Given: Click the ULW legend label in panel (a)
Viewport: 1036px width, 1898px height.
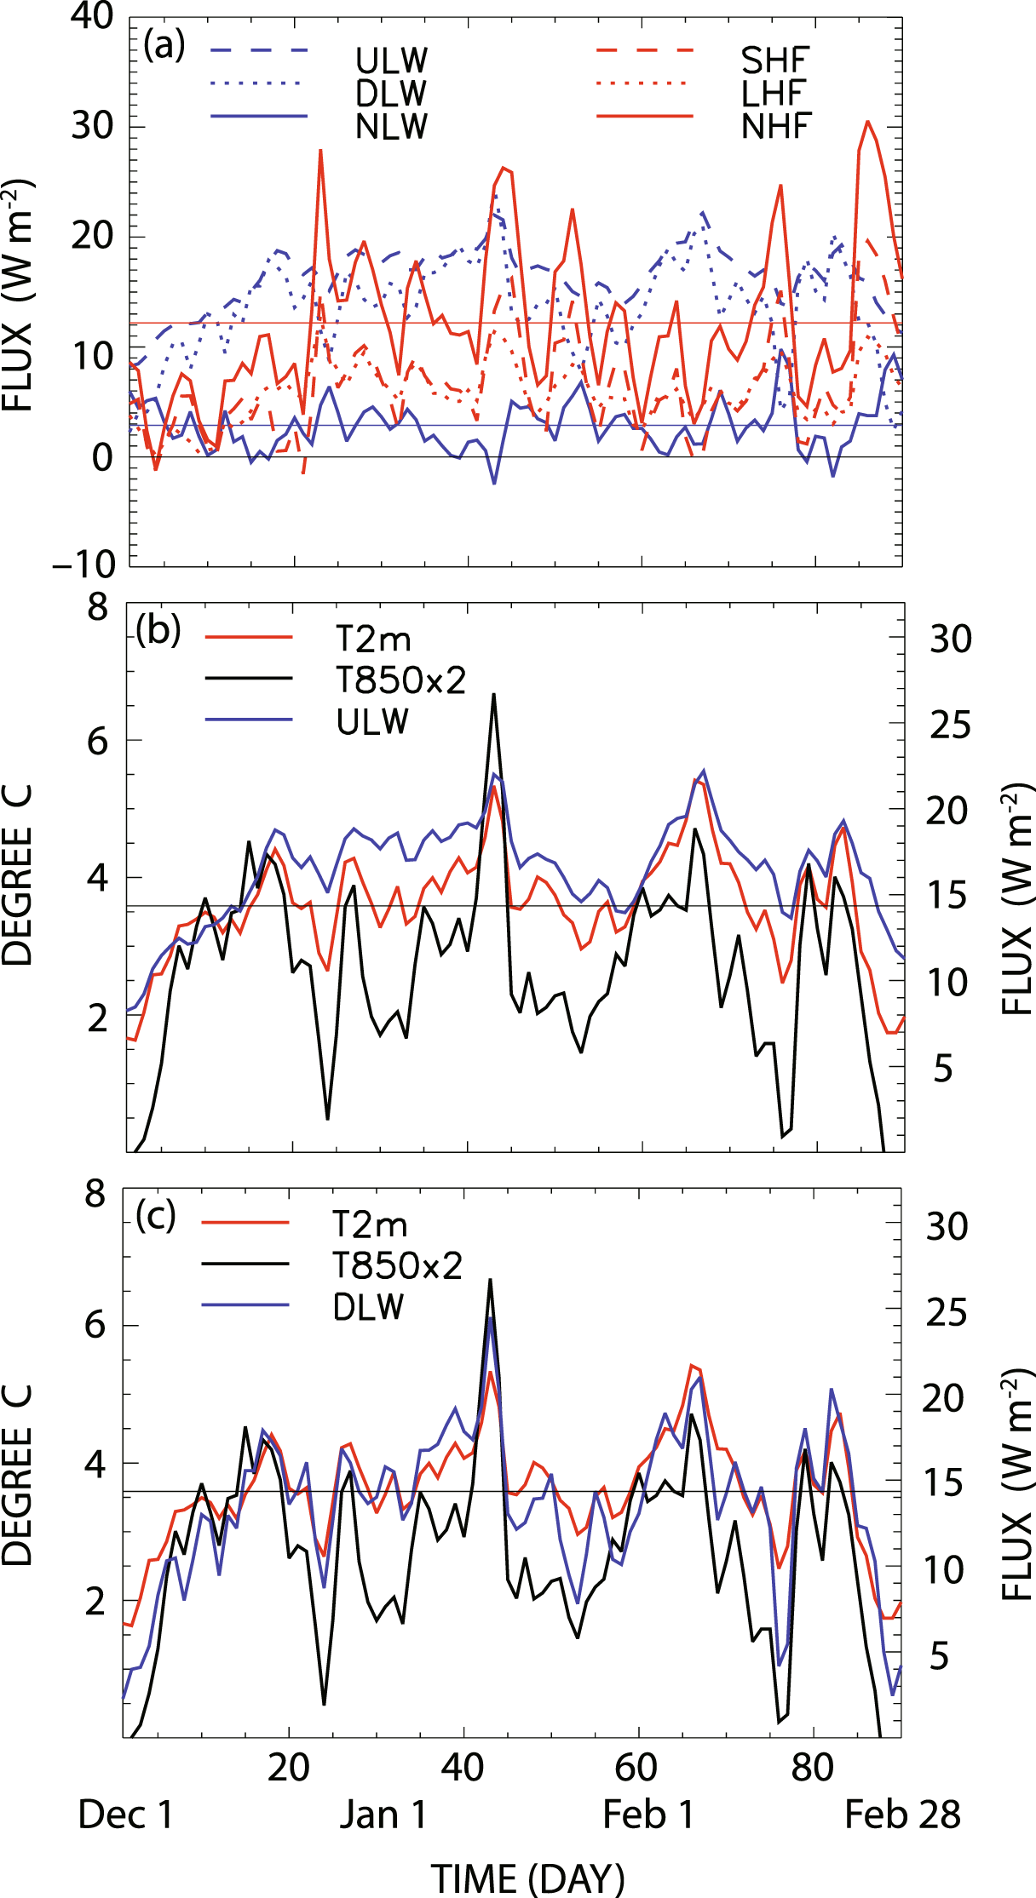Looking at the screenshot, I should pos(391,60).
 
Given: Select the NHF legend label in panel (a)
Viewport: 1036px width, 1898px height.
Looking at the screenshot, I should pos(776,126).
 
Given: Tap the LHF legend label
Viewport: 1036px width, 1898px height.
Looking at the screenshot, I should pos(773,94).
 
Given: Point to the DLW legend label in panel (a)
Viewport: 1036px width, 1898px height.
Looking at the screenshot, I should pos(391,94).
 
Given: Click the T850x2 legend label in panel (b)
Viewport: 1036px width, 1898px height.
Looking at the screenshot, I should pos(400,680).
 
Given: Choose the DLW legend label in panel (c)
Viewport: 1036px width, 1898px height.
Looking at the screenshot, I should pos(368,1307).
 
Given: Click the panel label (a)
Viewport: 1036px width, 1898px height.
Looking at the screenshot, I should pos(164,45).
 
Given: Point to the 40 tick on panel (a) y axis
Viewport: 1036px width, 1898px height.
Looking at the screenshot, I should pos(91,16).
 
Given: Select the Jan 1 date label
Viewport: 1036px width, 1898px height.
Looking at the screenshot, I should pos(383,1815).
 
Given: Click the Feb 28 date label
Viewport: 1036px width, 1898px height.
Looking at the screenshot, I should pos(902,1815).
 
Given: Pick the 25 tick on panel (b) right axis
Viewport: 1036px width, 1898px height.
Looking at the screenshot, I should pos(949,725).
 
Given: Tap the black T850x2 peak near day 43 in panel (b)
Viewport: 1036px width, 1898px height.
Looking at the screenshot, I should pos(493,695).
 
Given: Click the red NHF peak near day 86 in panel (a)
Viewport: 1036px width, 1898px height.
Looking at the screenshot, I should pos(867,122).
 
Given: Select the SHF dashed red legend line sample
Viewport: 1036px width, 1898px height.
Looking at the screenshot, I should pos(645,51).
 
